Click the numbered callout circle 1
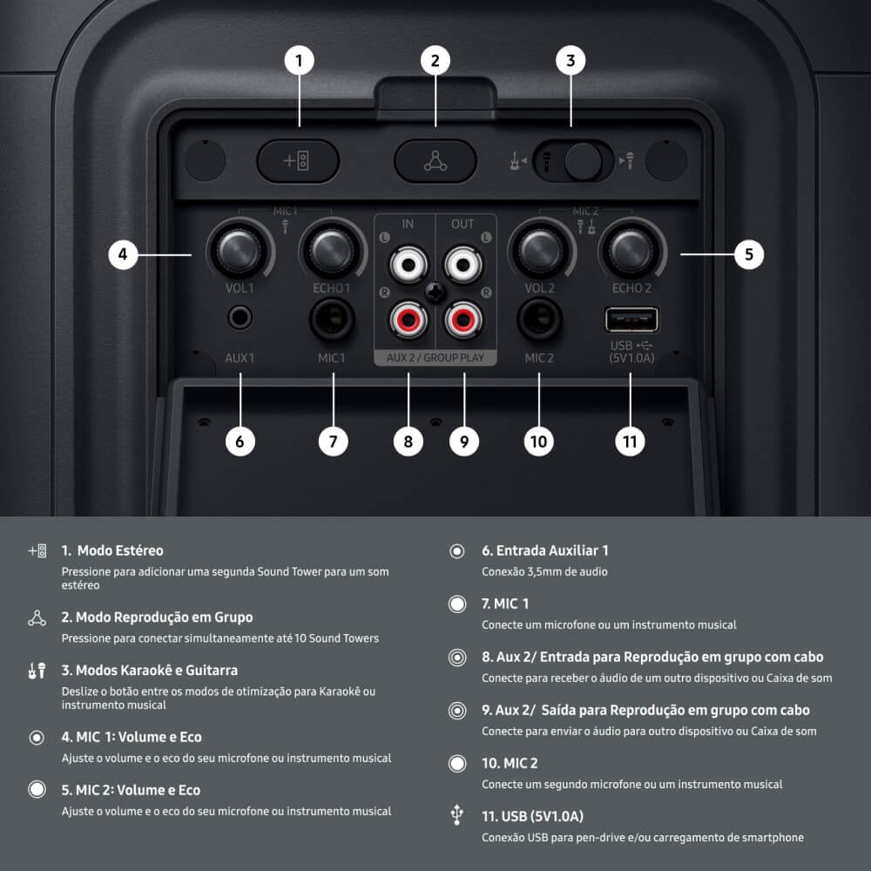click(x=299, y=60)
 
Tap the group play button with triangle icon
click(x=435, y=161)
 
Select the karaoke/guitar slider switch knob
click(x=583, y=161)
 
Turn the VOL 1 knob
click(x=238, y=250)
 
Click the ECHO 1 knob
click(x=331, y=250)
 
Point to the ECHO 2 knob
click(x=631, y=250)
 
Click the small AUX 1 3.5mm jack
click(x=240, y=318)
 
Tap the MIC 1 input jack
click(x=332, y=320)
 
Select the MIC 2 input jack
click(x=539, y=320)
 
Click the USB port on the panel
click(x=631, y=320)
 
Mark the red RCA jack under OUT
click(x=463, y=320)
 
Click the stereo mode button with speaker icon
click(x=298, y=161)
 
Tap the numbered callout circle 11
click(x=631, y=441)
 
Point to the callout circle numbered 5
click(x=748, y=255)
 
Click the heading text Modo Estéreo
click(x=119, y=550)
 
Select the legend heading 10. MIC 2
click(x=510, y=763)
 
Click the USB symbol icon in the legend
click(x=456, y=816)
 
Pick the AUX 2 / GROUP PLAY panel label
click(x=435, y=357)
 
